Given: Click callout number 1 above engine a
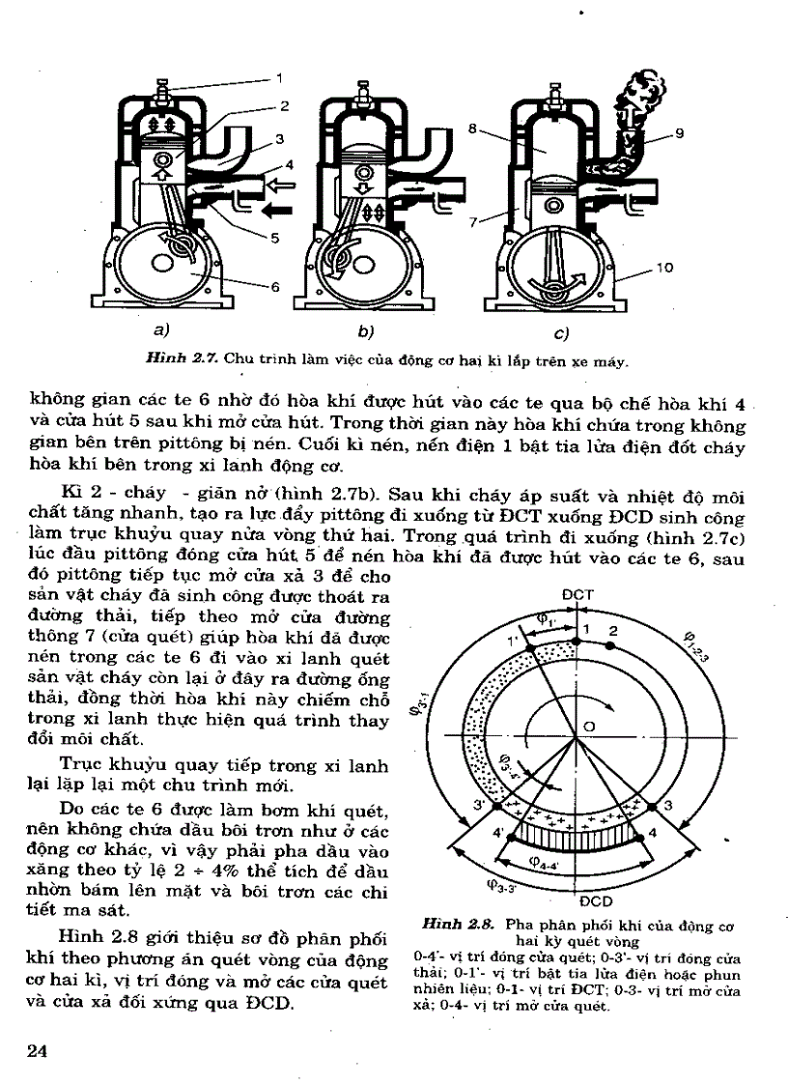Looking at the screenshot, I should pyautogui.click(x=280, y=76).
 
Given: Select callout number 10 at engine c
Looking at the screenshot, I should pyautogui.click(x=663, y=270).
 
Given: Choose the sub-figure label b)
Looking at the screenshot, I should pyautogui.click(x=365, y=333).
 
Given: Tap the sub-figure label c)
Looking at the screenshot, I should pyautogui.click(x=561, y=334).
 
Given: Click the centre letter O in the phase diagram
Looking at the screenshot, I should pyautogui.click(x=588, y=726).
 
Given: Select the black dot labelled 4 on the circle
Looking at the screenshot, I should pyautogui.click(x=636, y=831).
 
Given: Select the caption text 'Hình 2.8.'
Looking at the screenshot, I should pyautogui.click(x=450, y=925).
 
